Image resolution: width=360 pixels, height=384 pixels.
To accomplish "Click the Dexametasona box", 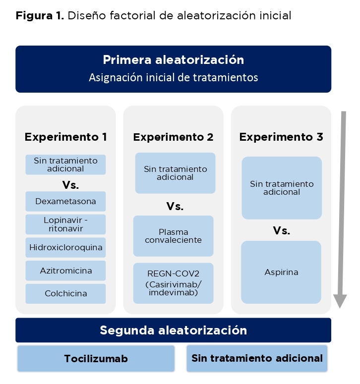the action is point(65,201).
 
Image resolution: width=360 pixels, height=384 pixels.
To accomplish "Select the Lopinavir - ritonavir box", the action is point(65,224).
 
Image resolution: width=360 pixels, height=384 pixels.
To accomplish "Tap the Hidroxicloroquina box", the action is point(65,247).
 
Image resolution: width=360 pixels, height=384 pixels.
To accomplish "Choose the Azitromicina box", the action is point(65,271).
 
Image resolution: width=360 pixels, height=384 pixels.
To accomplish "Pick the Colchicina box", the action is point(65,294).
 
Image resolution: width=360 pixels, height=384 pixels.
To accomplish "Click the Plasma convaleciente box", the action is point(173,236).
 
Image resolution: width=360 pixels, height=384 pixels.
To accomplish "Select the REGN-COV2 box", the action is point(173,283).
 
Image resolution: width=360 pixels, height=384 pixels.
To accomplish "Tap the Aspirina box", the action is point(281,272).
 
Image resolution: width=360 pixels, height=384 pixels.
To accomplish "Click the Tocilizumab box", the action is point(96,359).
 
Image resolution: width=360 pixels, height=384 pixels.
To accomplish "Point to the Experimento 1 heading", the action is point(65,137).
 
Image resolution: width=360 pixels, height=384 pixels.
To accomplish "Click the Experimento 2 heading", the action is point(173,137).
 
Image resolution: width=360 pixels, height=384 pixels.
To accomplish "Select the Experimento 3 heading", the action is point(281,137).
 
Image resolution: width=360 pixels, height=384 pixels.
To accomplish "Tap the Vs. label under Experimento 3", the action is point(282,230).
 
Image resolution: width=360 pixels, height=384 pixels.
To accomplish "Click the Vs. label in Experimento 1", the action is point(70,185).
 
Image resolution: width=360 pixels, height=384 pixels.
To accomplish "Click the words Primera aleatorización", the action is point(173,60).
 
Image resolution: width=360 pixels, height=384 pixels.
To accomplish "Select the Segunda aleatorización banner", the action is point(173,330).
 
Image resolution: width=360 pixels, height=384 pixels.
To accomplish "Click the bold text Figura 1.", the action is point(40,16).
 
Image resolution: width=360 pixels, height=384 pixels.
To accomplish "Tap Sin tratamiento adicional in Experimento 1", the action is point(65,165).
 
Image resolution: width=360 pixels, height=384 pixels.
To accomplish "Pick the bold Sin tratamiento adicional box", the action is point(257,358).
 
